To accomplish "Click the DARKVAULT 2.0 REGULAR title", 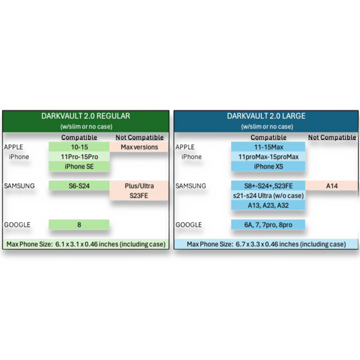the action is pos(86,116).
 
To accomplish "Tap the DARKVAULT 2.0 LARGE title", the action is pos(266,116).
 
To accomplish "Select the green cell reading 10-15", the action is pos(79,147).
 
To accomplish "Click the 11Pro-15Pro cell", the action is pos(79,156).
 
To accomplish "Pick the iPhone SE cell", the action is pos(79,166).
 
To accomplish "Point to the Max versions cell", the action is pos(139,147).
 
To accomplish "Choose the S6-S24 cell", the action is pos(79,186).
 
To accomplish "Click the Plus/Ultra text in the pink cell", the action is pos(139,186).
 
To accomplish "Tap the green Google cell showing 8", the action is pos(79,224).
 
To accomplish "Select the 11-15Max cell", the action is pos(268,147).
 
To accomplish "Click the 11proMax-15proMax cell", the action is pos(268,156).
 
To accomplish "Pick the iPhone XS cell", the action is pos(268,166).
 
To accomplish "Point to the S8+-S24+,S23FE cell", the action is pos(268,186).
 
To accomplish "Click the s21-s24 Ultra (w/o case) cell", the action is pos(268,195).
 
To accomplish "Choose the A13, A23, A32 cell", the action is pos(268,205).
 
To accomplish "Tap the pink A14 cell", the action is pos(332,186).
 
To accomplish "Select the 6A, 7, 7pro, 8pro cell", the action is pos(268,224).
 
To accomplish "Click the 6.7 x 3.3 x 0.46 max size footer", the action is pos(266,244).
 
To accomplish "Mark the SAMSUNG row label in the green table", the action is pos(19,186).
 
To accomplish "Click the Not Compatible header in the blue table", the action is pos(332,137).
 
